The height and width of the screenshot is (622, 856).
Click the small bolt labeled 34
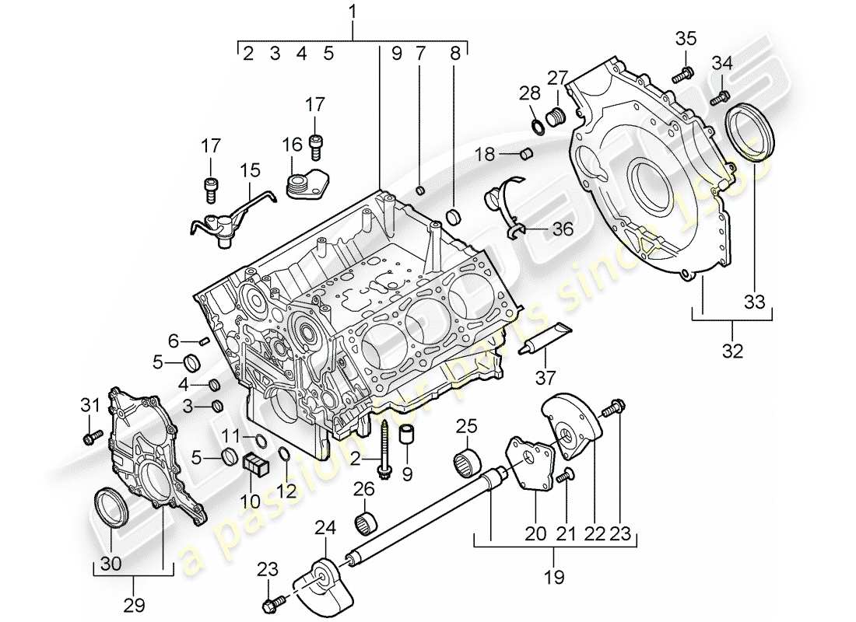(723, 96)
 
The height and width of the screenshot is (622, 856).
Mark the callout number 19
(553, 578)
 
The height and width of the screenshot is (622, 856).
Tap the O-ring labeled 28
(536, 125)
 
